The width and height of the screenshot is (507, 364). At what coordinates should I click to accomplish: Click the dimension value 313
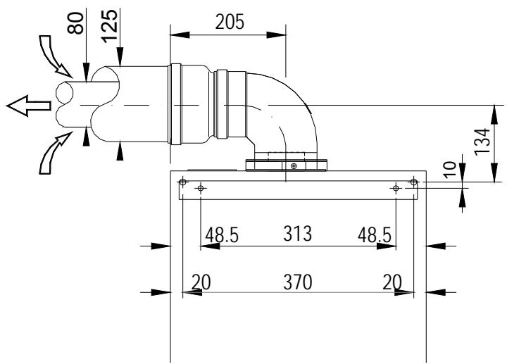pyautogui.click(x=299, y=234)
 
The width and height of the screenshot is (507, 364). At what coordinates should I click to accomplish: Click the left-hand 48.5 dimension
pyautogui.click(x=221, y=234)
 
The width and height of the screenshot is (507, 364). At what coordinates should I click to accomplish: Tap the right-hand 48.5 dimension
pyautogui.click(x=375, y=234)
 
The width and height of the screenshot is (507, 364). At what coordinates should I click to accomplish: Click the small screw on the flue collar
pyautogui.click(x=294, y=165)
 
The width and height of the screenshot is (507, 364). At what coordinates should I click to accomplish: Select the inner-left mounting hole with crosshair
pyautogui.click(x=201, y=188)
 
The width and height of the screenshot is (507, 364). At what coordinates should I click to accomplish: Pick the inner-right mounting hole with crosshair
pyautogui.click(x=396, y=188)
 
